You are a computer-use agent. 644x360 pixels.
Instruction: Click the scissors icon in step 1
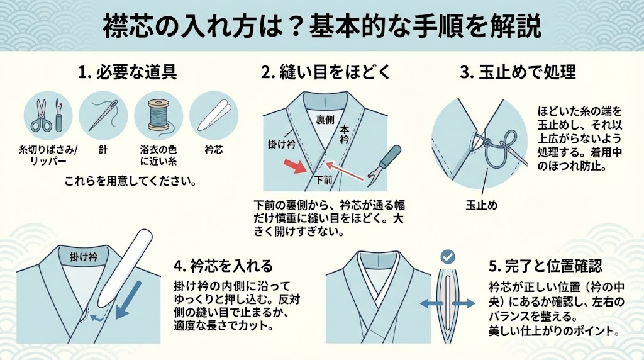click(42, 115)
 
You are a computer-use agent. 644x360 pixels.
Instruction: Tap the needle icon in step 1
click(103, 115)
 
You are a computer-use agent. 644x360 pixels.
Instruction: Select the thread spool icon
click(158, 116)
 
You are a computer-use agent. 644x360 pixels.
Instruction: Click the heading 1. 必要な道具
click(127, 72)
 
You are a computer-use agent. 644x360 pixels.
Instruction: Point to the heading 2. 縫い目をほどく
click(326, 72)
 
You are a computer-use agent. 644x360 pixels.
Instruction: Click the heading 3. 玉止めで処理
click(518, 72)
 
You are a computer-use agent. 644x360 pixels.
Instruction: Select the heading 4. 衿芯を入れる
click(223, 266)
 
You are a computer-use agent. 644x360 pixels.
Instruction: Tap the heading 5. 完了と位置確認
click(545, 266)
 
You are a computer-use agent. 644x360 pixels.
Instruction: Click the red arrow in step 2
click(296, 166)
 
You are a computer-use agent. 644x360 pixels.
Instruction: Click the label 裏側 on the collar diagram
click(325, 120)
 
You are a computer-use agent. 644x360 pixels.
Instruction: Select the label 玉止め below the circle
click(481, 205)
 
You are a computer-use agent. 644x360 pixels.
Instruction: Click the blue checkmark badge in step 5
click(447, 257)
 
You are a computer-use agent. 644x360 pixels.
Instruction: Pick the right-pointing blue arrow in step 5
click(464, 304)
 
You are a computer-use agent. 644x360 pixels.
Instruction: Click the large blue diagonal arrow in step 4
click(128, 300)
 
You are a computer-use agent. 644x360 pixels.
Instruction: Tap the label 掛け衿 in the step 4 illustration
click(84, 257)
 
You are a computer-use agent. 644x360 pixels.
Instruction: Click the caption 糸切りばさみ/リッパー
click(48, 155)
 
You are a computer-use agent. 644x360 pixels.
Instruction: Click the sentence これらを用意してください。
click(131, 181)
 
